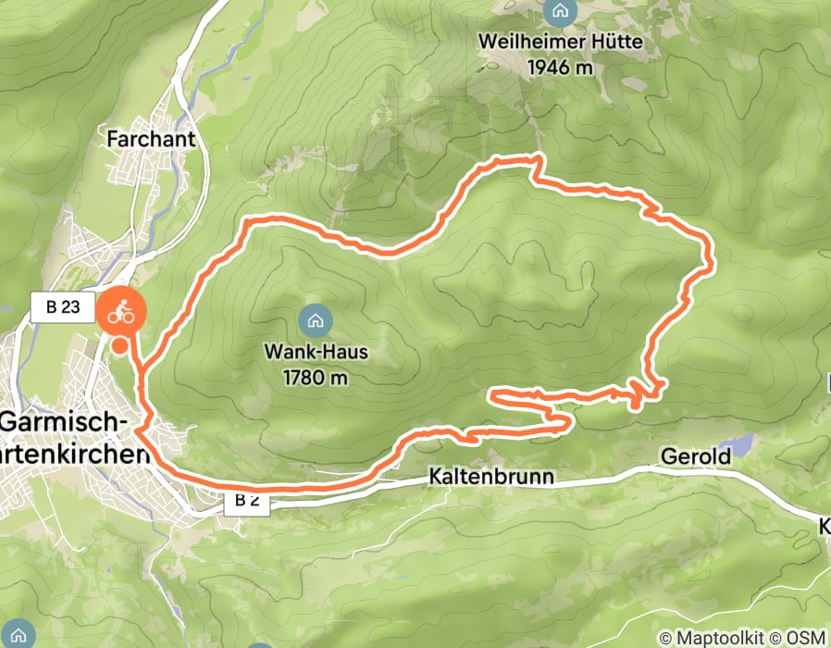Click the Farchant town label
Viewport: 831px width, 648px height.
pos(152,139)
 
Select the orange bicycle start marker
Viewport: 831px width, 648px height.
pos(121,313)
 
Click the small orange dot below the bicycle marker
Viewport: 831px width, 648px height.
pos(120,345)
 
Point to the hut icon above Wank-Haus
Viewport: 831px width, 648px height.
pos(316,321)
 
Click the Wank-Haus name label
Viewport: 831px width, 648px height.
pos(316,353)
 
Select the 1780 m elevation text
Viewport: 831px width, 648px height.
pos(316,377)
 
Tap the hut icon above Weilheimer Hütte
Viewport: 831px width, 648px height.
pos(559,13)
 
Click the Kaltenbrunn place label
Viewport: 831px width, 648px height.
pos(490,478)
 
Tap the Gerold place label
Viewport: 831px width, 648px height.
pos(695,456)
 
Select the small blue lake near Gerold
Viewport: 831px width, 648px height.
pos(739,443)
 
